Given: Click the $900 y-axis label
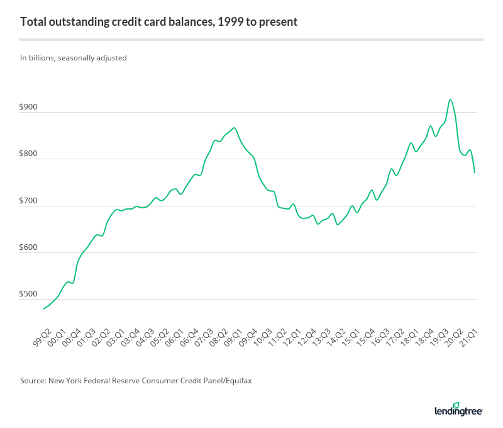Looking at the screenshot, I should pos(29,108).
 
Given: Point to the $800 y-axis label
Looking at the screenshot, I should pos(29,154).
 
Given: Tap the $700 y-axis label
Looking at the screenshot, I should pos(29,201).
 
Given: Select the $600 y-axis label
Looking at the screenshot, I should pos(29,248).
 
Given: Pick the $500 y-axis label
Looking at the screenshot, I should pos(29,295).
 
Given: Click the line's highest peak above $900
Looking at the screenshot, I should pos(450,99).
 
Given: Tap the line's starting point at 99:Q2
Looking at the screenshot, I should pos(43,308).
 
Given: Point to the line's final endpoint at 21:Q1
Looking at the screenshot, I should pos(475,172).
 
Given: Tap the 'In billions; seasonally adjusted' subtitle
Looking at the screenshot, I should pos(74,58).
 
